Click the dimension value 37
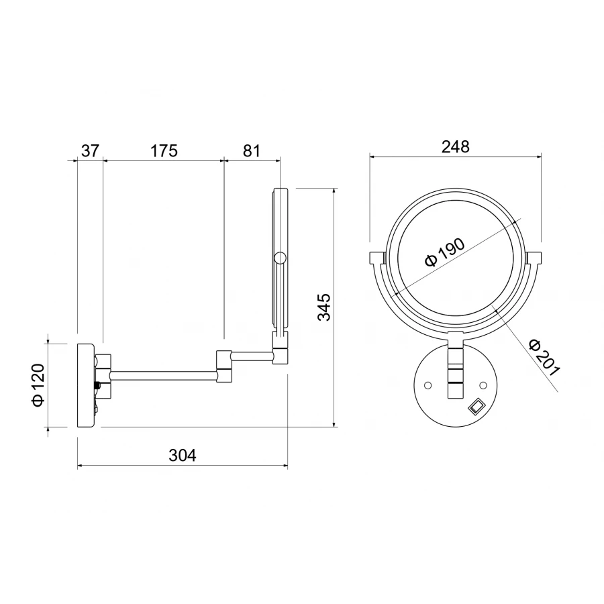tap(91, 150)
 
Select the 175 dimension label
tap(164, 150)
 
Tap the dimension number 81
tap(251, 150)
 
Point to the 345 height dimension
tap(323, 307)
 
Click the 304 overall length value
tap(182, 455)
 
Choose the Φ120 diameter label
tap(38, 385)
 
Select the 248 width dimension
tap(455, 147)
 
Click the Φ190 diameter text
tap(445, 252)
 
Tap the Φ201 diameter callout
tap(544, 357)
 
